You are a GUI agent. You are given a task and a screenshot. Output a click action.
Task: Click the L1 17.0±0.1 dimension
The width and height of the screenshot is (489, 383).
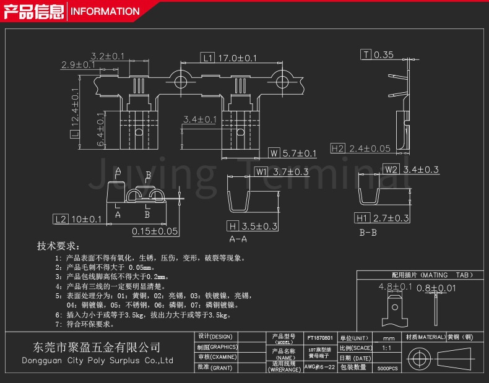[229, 58]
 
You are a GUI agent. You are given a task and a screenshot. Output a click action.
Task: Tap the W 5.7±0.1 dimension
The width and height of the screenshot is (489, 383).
[292, 153]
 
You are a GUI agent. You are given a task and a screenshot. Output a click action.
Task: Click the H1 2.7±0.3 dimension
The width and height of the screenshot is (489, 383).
[382, 218]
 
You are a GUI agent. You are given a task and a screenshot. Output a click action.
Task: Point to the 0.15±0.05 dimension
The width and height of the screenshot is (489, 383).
[155, 231]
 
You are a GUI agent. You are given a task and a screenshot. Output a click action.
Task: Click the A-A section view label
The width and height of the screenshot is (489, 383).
[238, 239]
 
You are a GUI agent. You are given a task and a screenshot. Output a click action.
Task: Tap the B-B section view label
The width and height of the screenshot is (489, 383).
[368, 233]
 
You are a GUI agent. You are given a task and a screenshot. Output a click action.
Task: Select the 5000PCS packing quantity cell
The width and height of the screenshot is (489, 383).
[387, 368]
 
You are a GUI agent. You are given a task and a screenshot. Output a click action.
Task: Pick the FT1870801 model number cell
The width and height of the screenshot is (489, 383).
[320, 338]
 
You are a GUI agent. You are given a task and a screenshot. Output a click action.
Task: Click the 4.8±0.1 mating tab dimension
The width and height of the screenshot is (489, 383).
[395, 286]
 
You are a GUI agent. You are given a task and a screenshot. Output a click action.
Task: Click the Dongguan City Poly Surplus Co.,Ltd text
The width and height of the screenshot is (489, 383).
[97, 361]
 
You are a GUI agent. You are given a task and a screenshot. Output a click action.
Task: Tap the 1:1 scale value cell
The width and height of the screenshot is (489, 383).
[387, 348]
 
